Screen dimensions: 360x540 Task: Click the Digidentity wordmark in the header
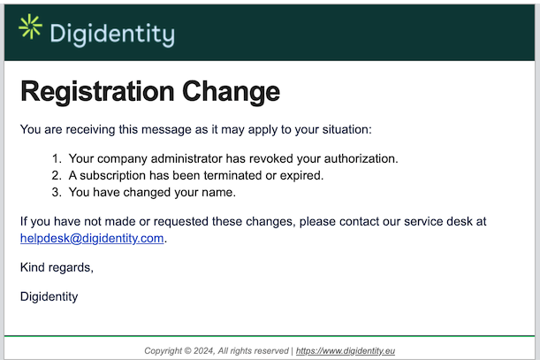(111, 34)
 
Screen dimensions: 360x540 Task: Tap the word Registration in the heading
(96, 91)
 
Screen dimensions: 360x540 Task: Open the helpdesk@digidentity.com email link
(92, 238)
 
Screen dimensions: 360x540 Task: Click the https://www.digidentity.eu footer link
(346, 350)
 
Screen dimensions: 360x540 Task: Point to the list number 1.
(55, 158)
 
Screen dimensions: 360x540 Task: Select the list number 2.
(55, 175)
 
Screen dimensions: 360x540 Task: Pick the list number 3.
(55, 192)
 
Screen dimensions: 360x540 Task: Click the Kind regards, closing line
(56, 267)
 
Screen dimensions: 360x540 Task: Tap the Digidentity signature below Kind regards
(49, 296)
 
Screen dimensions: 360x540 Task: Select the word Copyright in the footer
(165, 350)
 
